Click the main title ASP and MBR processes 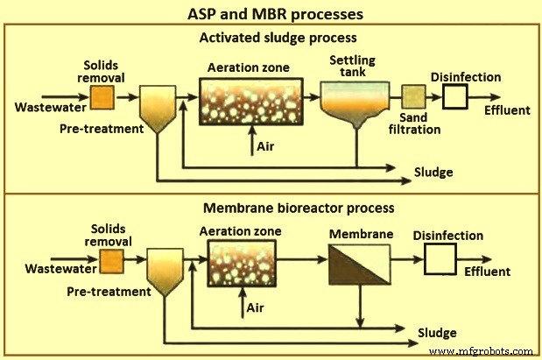[x=271, y=14]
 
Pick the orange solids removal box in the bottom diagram [x=111, y=261]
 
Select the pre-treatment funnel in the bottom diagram [x=163, y=270]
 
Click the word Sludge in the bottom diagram [x=435, y=334]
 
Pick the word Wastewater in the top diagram [x=50, y=109]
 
